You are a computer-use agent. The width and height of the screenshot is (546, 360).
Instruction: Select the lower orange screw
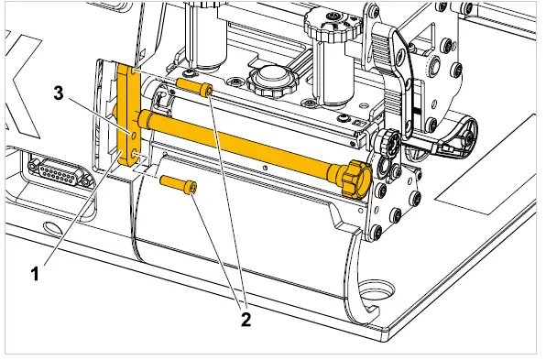[180, 184]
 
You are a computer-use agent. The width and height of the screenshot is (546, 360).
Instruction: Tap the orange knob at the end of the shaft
[355, 176]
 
